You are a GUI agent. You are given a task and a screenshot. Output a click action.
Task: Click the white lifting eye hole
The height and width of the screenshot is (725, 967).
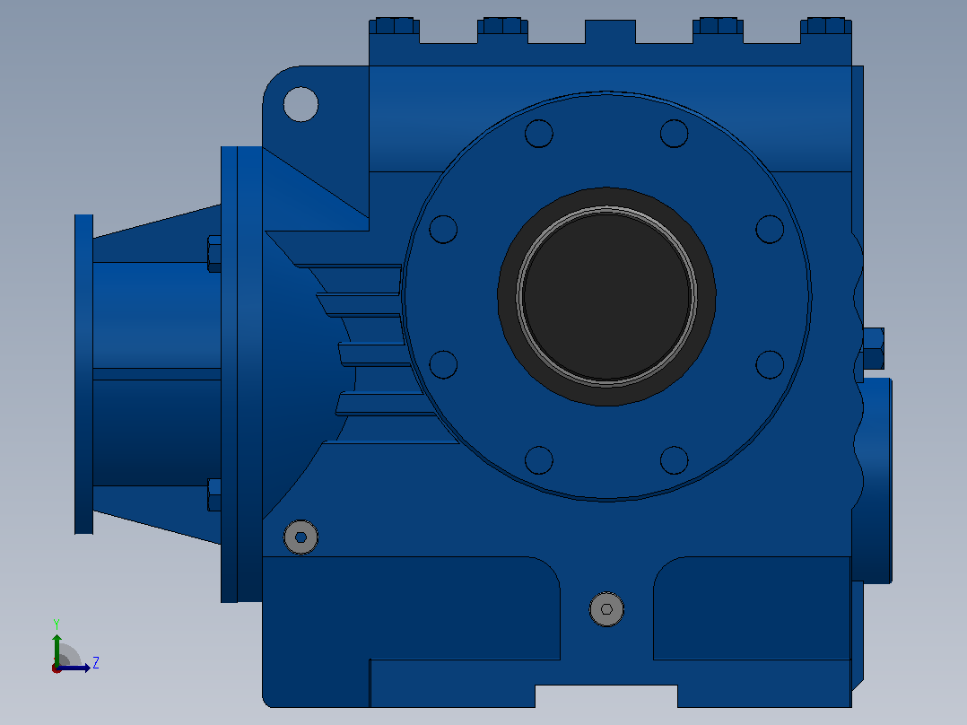(x=301, y=104)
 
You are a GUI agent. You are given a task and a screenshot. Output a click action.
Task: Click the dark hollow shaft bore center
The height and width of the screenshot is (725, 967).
(x=606, y=296)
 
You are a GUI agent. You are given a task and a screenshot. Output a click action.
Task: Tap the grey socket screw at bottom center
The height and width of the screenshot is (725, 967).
(x=606, y=609)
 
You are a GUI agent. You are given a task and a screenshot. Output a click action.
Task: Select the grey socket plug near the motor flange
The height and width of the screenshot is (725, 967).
(x=301, y=537)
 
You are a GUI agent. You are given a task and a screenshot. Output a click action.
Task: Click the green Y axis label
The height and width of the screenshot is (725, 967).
(x=57, y=624)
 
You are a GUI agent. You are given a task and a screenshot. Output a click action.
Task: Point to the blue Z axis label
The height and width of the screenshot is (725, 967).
(x=96, y=663)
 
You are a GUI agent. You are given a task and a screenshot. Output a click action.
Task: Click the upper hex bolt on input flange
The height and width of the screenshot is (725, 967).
(x=214, y=253)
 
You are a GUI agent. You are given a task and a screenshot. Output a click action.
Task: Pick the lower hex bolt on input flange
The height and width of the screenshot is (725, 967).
(x=214, y=494)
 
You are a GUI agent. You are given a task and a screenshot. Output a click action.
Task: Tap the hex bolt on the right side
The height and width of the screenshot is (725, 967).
(x=874, y=348)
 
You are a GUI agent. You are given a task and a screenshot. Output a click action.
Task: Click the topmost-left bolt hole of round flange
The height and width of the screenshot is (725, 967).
(x=539, y=134)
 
